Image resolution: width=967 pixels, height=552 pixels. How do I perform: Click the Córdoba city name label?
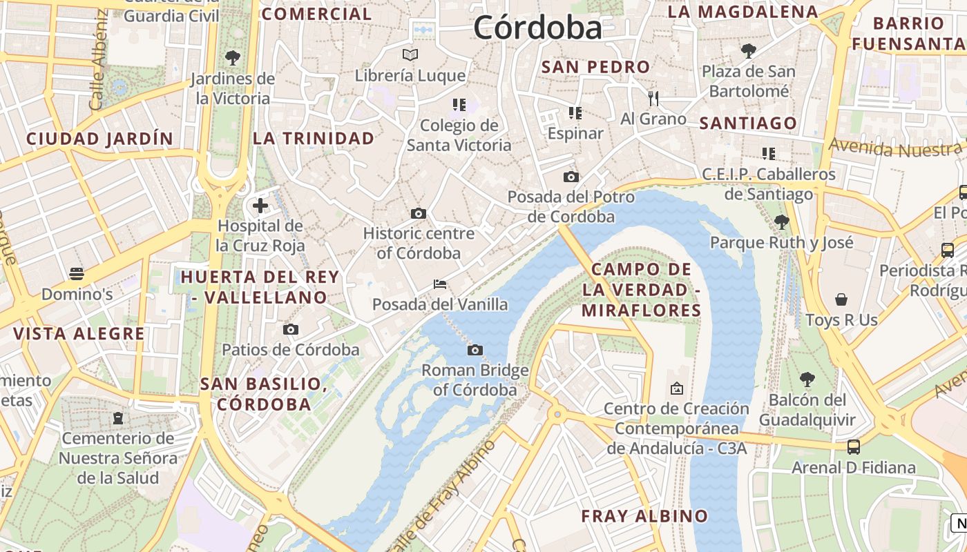[538, 28]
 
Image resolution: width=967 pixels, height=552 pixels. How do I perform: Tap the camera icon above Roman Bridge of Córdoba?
[475, 350]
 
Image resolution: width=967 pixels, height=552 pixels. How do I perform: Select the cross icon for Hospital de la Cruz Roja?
[260, 205]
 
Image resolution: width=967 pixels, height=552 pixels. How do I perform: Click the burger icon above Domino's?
[77, 274]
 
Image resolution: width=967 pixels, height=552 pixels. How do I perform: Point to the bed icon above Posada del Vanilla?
[440, 284]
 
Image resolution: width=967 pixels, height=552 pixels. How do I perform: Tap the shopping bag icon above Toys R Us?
[841, 299]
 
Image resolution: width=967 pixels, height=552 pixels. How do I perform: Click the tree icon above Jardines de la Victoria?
[233, 57]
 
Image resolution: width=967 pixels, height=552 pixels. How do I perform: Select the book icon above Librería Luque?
[410, 55]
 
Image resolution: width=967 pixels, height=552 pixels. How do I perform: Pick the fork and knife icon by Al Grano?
[653, 99]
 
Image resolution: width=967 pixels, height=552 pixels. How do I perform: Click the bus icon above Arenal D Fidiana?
[854, 446]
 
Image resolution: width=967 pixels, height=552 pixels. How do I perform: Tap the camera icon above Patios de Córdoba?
[291, 329]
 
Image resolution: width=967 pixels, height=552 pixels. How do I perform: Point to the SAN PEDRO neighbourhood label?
[595, 67]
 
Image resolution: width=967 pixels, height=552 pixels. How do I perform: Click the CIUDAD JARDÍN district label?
[99, 139]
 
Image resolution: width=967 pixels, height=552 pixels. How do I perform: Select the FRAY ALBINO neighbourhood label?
[644, 516]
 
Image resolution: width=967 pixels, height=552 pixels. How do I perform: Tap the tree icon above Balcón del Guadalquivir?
[807, 379]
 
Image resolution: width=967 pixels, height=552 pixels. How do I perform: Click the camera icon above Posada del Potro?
[571, 177]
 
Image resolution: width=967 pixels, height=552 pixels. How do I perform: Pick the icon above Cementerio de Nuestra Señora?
[118, 417]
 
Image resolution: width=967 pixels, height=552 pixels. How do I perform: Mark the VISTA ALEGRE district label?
[79, 334]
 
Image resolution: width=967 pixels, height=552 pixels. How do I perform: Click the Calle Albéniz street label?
[97, 60]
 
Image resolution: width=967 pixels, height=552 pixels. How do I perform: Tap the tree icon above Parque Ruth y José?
[782, 221]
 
